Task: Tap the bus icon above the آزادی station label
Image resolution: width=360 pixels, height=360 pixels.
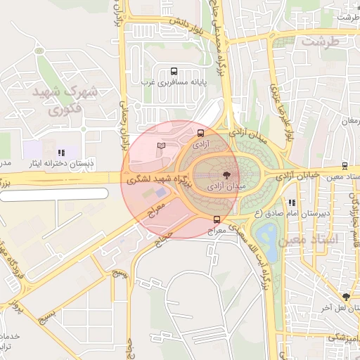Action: click(x=201, y=132)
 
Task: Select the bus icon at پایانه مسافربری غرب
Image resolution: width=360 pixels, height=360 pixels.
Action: click(x=174, y=71)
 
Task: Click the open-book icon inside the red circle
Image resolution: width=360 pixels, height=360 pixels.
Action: click(x=161, y=146)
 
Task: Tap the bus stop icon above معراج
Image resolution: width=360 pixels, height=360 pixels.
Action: click(x=217, y=219)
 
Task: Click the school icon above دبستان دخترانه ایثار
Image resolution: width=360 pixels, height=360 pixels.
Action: click(x=62, y=152)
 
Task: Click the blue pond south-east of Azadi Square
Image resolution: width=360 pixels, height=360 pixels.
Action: click(x=265, y=236)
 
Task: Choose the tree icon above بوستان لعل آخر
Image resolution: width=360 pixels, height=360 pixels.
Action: click(x=346, y=297)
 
